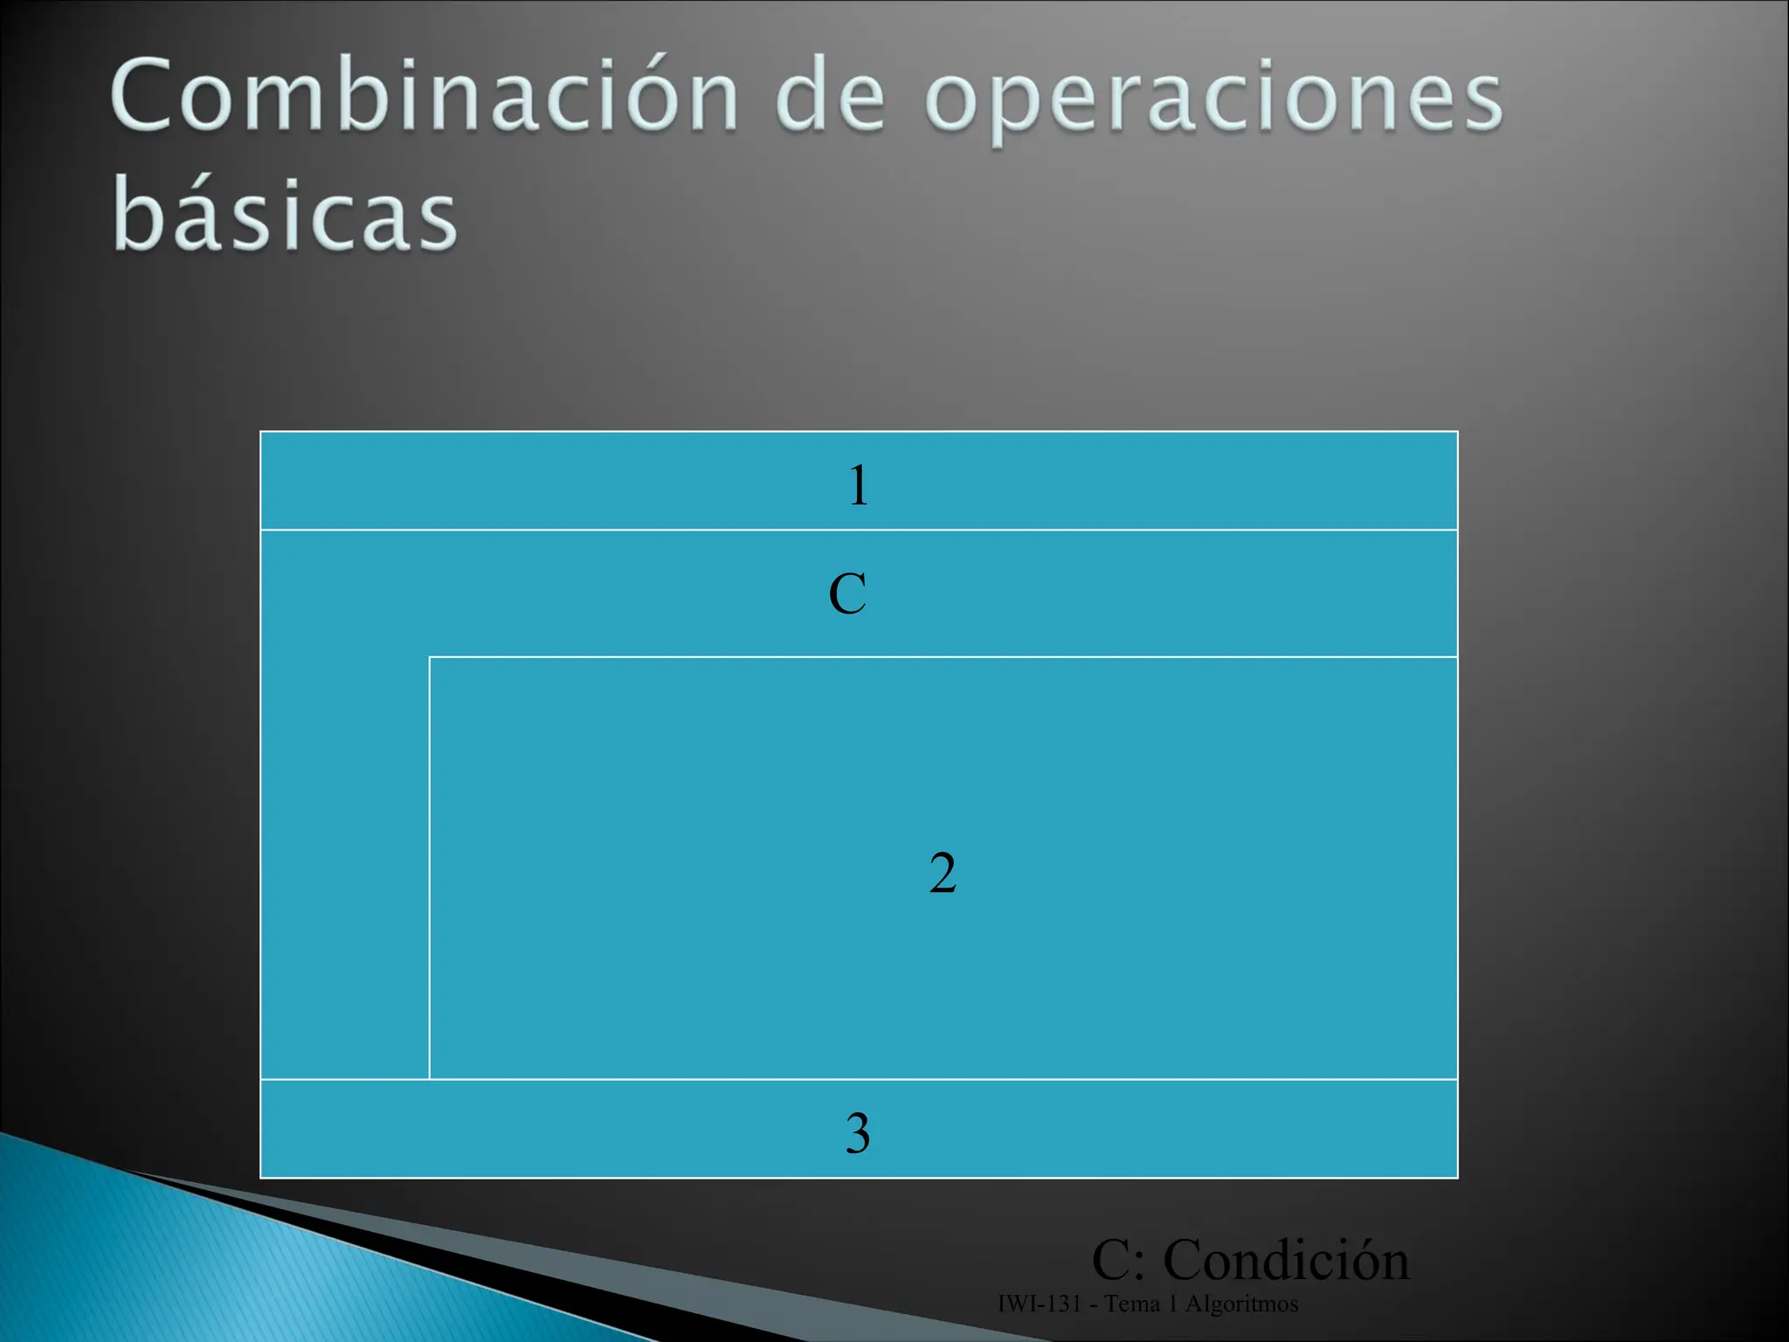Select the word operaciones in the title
click(1213, 100)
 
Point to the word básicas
click(285, 214)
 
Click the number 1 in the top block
click(859, 486)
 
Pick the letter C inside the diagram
click(847, 594)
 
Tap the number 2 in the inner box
click(943, 873)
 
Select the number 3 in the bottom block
click(858, 1133)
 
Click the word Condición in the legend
click(1286, 1260)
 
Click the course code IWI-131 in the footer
click(1039, 1304)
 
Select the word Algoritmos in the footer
click(1241, 1304)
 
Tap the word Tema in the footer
click(1131, 1304)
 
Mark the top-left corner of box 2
click(430, 657)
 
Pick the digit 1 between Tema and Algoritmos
click(1172, 1304)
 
